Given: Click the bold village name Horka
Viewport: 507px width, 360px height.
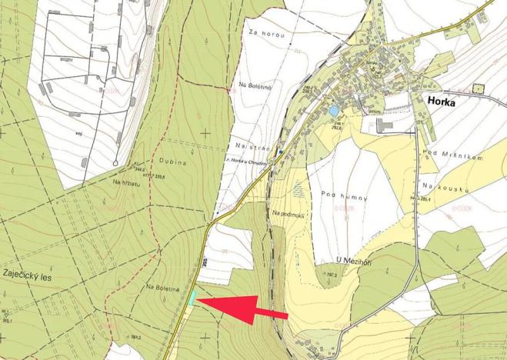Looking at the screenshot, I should click(x=444, y=100).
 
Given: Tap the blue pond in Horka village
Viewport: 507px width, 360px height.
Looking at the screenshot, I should click(x=333, y=111).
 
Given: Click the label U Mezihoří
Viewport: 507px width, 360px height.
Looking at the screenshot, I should click(x=337, y=260).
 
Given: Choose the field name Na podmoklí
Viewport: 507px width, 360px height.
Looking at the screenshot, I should click(x=289, y=214).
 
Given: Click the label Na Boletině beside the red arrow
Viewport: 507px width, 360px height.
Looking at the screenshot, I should click(x=161, y=286).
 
